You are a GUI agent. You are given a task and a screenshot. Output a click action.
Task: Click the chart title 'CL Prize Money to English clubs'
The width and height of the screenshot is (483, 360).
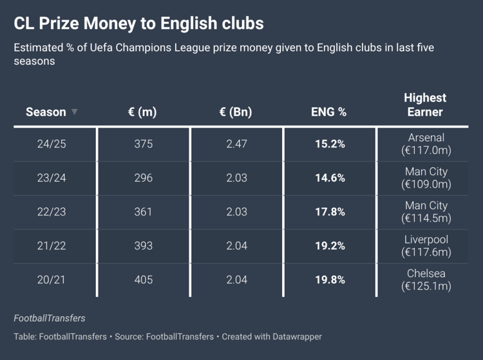pyautogui.click(x=138, y=23)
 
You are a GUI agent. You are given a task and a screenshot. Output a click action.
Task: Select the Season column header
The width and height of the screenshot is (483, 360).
pyautogui.click(x=46, y=112)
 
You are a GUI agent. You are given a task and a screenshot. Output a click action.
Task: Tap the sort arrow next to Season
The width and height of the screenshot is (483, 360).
pyautogui.click(x=75, y=112)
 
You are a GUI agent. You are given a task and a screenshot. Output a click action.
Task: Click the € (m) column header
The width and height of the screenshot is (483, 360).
pyautogui.click(x=142, y=112)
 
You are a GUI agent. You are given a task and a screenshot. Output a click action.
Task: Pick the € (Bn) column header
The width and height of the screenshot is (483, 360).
pyautogui.click(x=236, y=112)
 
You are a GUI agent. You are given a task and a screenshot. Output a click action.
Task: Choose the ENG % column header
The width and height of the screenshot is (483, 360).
pyautogui.click(x=329, y=112)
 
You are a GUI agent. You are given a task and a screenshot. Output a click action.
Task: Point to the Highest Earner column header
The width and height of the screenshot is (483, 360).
pyautogui.click(x=425, y=105)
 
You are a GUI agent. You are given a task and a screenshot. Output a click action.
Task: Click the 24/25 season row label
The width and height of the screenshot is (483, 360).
pyautogui.click(x=52, y=144)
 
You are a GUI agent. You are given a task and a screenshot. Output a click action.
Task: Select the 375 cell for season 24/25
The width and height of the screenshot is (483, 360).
pyautogui.click(x=143, y=144)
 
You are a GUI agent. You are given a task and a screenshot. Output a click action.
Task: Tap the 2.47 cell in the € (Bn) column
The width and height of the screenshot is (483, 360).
pyautogui.click(x=236, y=144)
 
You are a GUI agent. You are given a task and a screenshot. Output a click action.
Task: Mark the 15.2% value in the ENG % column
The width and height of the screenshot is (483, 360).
pyautogui.click(x=330, y=144)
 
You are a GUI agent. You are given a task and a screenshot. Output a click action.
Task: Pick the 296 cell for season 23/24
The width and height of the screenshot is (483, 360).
pyautogui.click(x=143, y=178)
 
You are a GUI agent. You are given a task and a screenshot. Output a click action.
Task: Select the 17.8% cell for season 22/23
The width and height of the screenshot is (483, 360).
pyautogui.click(x=330, y=212)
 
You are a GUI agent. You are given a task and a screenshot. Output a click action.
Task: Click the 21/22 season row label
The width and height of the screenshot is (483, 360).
pyautogui.click(x=52, y=246)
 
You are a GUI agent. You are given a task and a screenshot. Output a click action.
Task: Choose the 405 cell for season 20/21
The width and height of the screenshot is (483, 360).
pyautogui.click(x=143, y=280)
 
